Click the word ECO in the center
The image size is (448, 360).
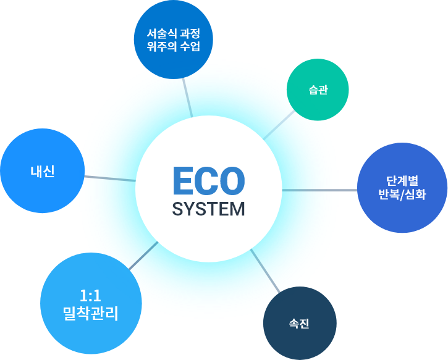(208, 180)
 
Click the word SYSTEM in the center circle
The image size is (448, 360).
(208, 209)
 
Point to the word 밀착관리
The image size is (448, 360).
(90, 312)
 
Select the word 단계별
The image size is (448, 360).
(402, 181)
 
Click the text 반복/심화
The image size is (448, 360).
(402, 195)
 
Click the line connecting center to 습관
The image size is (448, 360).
(279, 125)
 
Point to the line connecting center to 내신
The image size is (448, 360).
(109, 178)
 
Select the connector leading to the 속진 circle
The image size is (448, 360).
(266, 270)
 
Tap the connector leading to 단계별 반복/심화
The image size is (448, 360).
(319, 190)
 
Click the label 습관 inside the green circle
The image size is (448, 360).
(318, 90)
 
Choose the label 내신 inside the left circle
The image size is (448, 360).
(43, 171)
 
